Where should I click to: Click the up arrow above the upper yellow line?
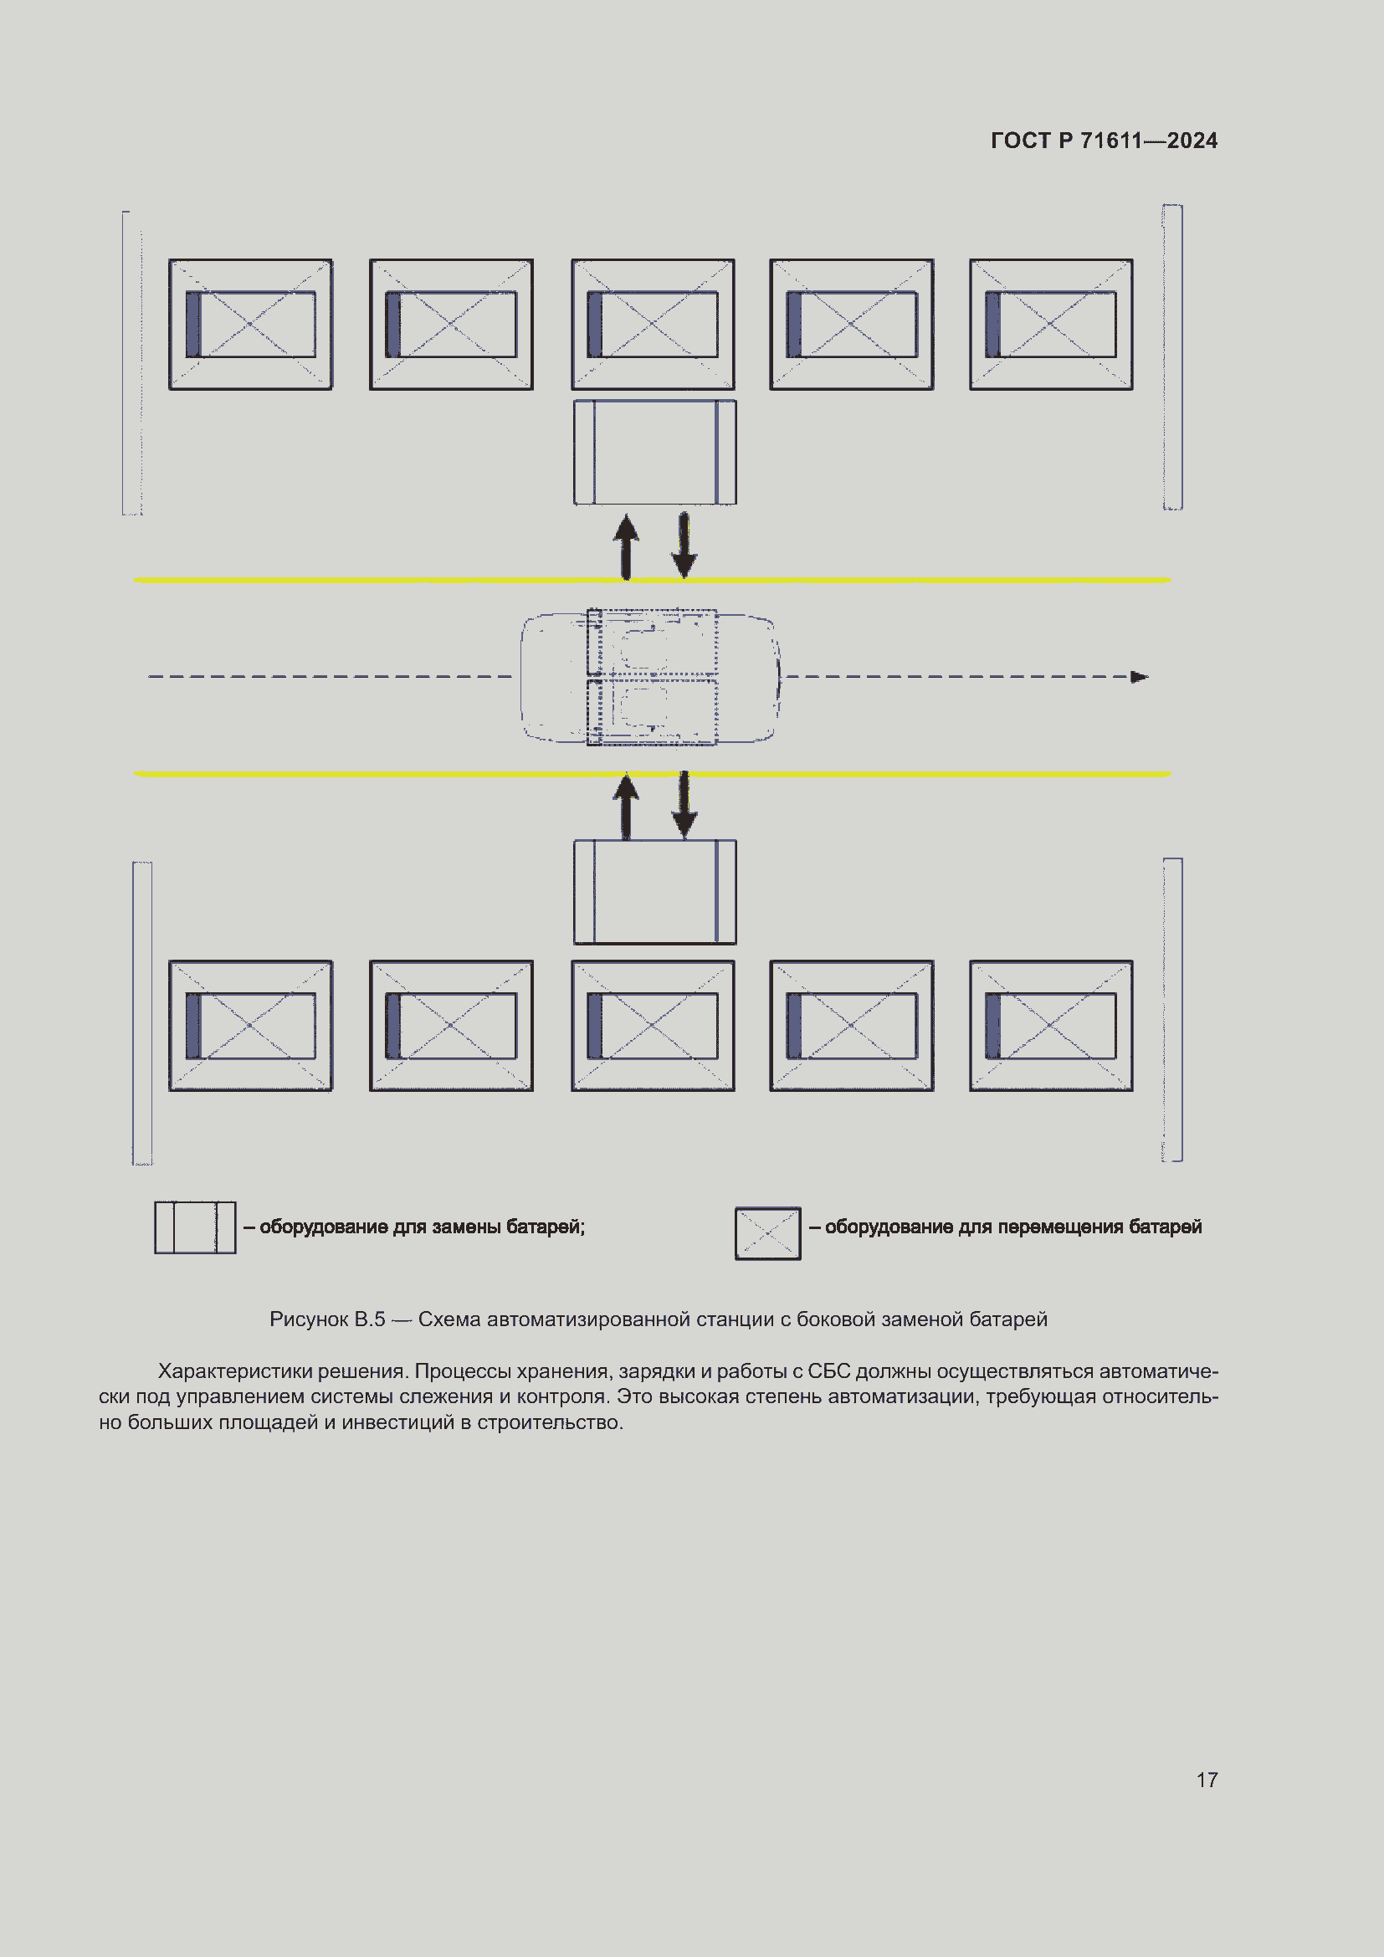tap(627, 546)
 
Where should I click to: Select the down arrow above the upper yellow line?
tap(684, 546)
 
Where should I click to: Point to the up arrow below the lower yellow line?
tap(627, 807)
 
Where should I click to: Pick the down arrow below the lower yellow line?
tap(684, 807)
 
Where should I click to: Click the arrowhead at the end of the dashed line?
tap(1139, 677)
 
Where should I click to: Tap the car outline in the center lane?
tap(650, 677)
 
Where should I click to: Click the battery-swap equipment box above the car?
tap(654, 453)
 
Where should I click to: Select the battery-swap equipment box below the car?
tap(654, 892)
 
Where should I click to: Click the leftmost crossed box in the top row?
tap(250, 325)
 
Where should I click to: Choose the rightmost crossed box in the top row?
tap(1051, 325)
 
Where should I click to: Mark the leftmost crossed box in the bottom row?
tap(250, 1026)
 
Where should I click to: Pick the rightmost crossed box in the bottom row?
tap(1051, 1026)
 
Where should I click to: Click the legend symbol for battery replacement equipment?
tap(195, 1227)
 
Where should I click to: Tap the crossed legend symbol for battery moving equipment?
tap(768, 1233)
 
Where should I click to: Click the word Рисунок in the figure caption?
tap(308, 1319)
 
